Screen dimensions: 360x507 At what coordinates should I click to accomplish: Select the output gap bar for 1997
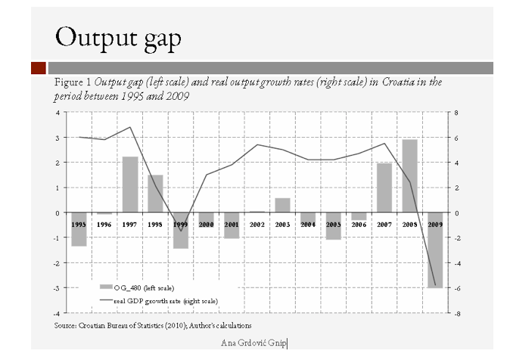tap(129, 185)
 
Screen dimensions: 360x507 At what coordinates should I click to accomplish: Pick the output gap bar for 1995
tap(79, 229)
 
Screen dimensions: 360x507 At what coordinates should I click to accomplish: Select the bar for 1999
tap(180, 231)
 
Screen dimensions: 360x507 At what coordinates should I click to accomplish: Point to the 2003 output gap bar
tap(282, 205)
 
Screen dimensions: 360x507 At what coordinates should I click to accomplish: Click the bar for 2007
tap(384, 188)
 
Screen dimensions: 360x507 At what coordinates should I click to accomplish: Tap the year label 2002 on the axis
tap(257, 225)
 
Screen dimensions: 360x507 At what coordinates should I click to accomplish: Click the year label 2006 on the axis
tap(359, 225)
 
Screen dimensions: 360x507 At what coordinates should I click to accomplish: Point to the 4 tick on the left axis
tap(58, 112)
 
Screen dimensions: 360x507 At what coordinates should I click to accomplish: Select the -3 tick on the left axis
tap(57, 287)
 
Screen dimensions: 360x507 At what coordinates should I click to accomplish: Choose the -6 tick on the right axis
tap(458, 287)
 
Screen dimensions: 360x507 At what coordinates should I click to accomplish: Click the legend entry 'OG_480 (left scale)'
tap(144, 287)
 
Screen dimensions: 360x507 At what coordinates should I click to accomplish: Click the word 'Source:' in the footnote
tap(66, 324)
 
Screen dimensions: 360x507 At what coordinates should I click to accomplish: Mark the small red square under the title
tap(39, 68)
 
